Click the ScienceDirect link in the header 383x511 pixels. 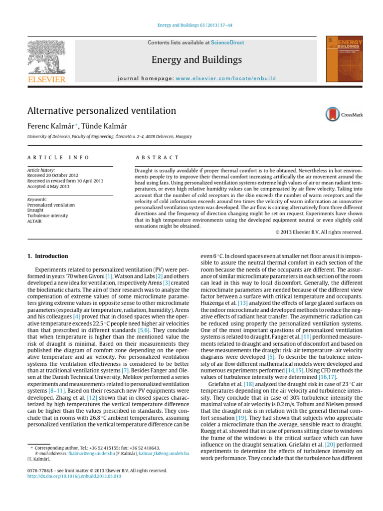(x=227, y=43)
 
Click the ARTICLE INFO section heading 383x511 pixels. (x=58, y=158)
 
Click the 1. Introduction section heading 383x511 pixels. (x=47, y=256)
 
